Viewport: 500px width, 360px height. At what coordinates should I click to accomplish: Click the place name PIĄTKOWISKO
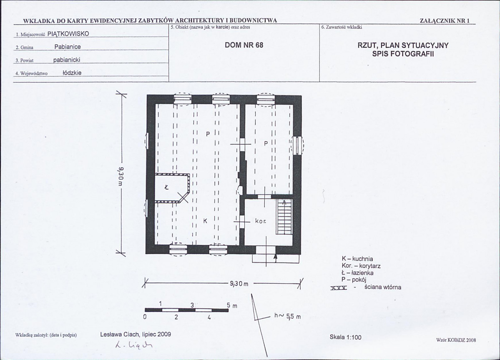[x=68, y=34]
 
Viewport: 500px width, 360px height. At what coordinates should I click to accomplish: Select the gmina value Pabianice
[x=68, y=47]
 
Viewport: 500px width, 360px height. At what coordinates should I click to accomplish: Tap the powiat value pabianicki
[x=67, y=60]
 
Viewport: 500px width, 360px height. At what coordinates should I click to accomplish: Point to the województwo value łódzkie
[x=72, y=72]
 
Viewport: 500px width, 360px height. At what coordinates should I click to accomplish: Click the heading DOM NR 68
[x=244, y=45]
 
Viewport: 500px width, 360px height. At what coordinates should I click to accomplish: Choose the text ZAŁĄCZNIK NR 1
[x=445, y=21]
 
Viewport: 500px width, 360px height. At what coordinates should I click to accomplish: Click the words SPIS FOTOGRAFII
[x=403, y=54]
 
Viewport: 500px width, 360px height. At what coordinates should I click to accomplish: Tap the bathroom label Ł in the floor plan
[x=166, y=187]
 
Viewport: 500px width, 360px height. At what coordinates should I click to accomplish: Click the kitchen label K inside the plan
[x=205, y=220]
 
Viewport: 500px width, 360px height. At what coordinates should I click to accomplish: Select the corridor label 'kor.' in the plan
[x=261, y=220]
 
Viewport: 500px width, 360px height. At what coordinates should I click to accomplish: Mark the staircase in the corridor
[x=284, y=217]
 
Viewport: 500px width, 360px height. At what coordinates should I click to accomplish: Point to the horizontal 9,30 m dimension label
[x=239, y=283]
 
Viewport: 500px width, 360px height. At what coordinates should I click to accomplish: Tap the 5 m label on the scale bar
[x=232, y=305]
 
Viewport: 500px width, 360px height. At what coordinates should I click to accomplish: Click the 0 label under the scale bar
[x=145, y=317]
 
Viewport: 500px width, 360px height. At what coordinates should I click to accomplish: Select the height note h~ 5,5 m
[x=287, y=316]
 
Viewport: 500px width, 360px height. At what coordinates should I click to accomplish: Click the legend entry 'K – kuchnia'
[x=357, y=259]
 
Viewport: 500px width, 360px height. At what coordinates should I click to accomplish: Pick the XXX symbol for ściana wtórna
[x=339, y=288]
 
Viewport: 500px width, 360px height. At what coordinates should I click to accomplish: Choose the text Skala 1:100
[x=346, y=337]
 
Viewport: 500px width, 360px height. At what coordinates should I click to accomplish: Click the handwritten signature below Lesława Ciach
[x=133, y=345]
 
